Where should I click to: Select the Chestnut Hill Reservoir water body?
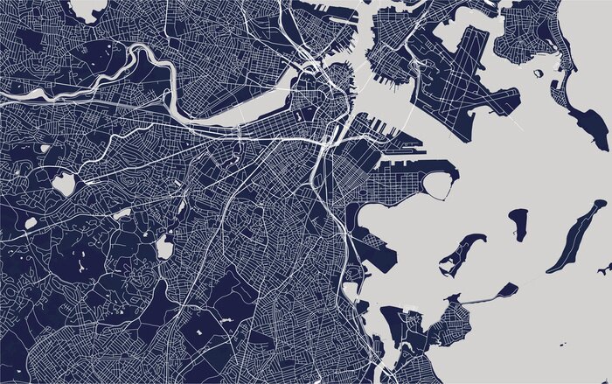point(63,184)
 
